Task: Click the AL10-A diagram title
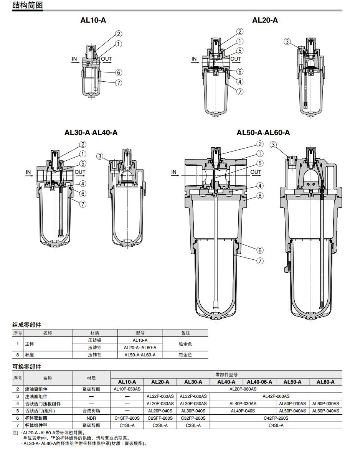pyautogui.click(x=93, y=20)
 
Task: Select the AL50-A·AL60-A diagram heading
pyautogui.click(x=263, y=133)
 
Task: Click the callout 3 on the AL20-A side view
pyautogui.click(x=287, y=41)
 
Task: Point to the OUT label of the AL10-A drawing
pyautogui.click(x=107, y=59)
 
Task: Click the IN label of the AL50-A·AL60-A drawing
pyautogui.click(x=174, y=172)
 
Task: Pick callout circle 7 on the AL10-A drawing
pyautogui.click(x=119, y=82)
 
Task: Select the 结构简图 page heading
pyautogui.click(x=27, y=5)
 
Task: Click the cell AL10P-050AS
pyautogui.click(x=127, y=389)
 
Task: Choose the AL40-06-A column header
pyautogui.click(x=259, y=382)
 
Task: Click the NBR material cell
pyautogui.click(x=91, y=418)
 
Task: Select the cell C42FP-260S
pyautogui.click(x=276, y=418)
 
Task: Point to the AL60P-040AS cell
pyautogui.click(x=325, y=411)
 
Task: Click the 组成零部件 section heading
pyautogui.click(x=26, y=325)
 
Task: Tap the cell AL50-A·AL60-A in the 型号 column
pyautogui.click(x=140, y=355)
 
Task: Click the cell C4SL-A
pyautogui.click(x=276, y=425)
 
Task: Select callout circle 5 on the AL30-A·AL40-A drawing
pyautogui.click(x=83, y=163)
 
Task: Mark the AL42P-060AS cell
pyautogui.click(x=276, y=396)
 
